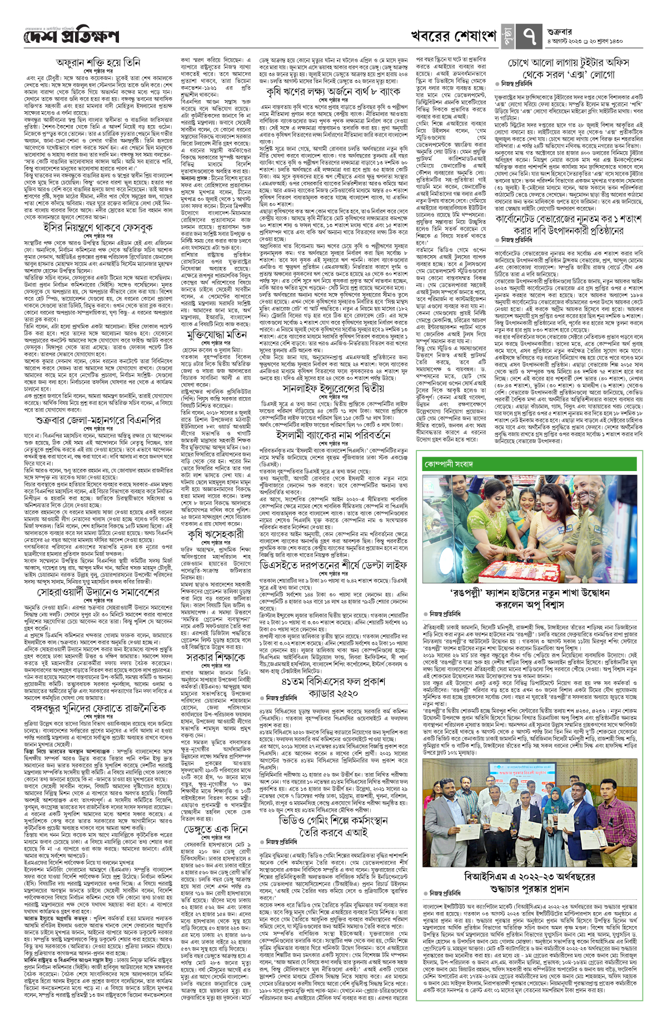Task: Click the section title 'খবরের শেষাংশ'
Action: coord(454,36)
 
